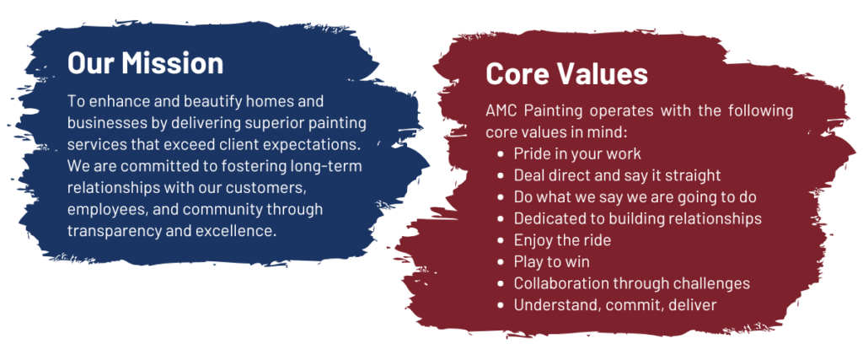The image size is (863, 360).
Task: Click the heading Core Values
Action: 567,73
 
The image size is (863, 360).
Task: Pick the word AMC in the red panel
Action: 501,110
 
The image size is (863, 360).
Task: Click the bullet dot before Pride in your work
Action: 500,153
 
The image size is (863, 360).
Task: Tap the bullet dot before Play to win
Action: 500,262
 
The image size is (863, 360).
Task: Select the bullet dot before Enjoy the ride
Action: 500,240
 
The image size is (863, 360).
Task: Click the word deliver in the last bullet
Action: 694,305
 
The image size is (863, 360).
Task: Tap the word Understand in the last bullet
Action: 555,305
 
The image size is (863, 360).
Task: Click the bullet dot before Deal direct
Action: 500,175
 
